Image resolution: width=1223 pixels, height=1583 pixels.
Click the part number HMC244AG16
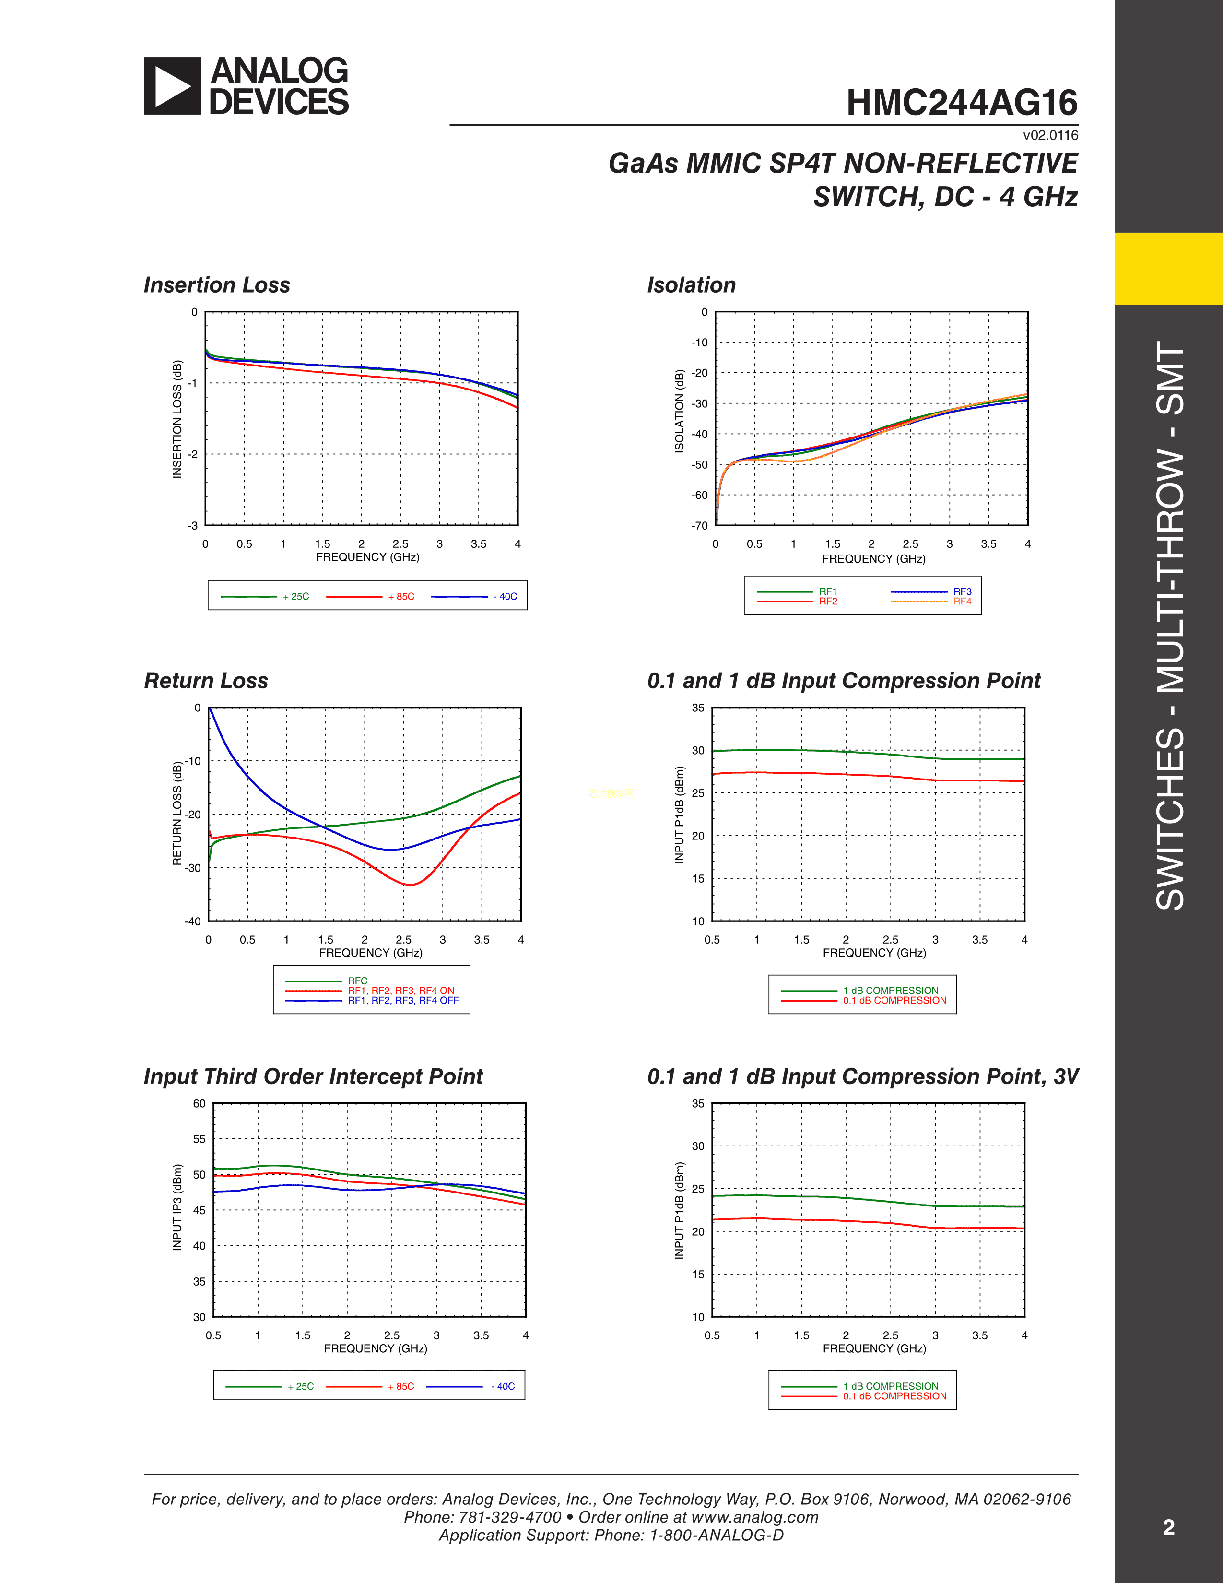[962, 103]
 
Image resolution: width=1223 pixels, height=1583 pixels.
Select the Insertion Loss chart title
[217, 285]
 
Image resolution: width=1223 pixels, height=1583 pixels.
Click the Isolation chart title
[691, 285]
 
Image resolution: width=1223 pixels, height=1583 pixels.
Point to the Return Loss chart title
[206, 681]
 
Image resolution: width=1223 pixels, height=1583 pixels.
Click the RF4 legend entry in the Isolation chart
[962, 602]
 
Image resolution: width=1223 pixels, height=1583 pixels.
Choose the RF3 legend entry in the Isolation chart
[962, 591]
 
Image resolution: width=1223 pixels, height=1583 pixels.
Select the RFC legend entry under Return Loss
[357, 981]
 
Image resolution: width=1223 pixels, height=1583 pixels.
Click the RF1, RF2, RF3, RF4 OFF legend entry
[403, 1000]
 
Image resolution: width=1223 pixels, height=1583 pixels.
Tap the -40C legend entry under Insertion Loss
[505, 597]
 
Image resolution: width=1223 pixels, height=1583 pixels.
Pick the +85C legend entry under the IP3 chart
[400, 1387]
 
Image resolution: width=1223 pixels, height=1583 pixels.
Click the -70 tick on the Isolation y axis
[699, 525]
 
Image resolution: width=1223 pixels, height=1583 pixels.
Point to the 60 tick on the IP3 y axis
[199, 1104]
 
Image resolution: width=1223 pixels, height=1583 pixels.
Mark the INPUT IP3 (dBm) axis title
[177, 1207]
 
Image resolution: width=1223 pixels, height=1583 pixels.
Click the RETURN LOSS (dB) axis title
[177, 813]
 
